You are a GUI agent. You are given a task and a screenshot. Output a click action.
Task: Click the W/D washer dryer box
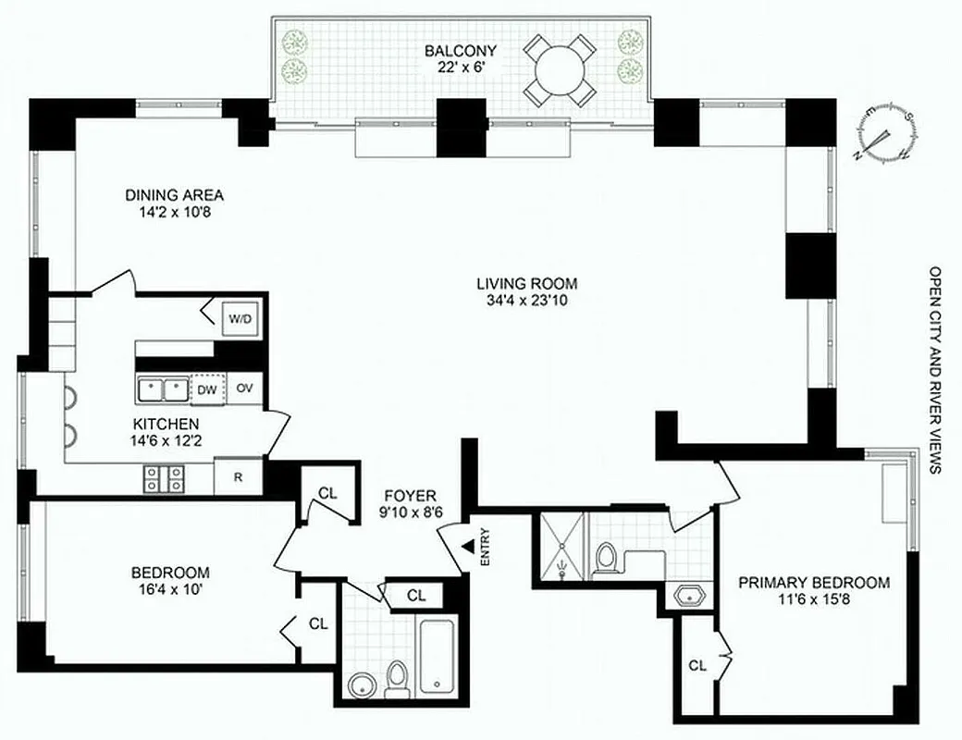point(240,320)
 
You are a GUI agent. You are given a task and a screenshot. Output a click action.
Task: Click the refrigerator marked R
point(239,478)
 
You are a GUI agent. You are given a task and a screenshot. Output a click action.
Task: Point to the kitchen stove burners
point(164,477)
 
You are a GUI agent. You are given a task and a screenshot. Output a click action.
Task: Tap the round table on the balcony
point(558,69)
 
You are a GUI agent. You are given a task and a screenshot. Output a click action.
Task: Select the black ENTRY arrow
point(469,550)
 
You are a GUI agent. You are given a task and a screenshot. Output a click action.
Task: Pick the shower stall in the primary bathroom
point(559,549)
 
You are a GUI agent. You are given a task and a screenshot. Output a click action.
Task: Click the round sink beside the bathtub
point(360,686)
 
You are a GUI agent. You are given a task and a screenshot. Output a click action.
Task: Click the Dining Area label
point(175,195)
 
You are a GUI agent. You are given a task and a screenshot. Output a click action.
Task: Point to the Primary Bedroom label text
point(813,583)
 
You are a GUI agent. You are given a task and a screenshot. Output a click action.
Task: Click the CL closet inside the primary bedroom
point(698,663)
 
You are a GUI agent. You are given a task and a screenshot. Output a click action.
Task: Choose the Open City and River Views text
point(934,371)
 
